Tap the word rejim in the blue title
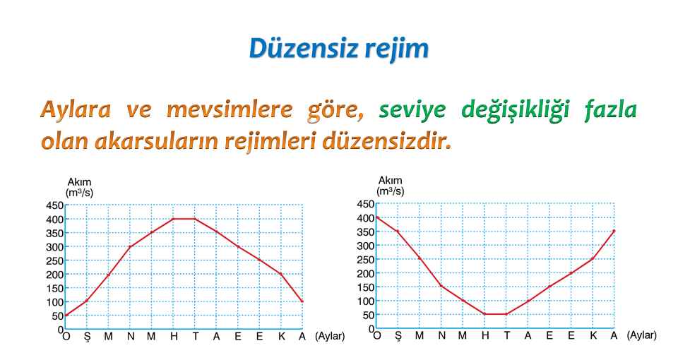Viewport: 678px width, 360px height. pyautogui.click(x=397, y=49)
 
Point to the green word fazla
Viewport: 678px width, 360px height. pyautogui.click(x=610, y=109)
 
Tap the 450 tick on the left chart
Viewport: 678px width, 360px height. pyautogui.click(x=54, y=205)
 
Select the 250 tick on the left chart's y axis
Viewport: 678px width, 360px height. pyautogui.click(x=54, y=260)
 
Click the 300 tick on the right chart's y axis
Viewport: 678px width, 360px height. pyautogui.click(x=365, y=246)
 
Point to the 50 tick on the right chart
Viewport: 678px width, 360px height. pyautogui.click(x=369, y=315)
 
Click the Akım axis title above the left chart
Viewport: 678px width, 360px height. pyautogui.click(x=79, y=182)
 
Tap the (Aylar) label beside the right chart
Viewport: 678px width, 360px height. pyautogui.click(x=642, y=335)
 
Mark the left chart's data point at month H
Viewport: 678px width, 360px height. pyautogui.click(x=173, y=219)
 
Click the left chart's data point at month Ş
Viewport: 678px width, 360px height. pyautogui.click(x=86, y=301)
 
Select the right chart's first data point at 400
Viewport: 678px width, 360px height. pyautogui.click(x=376, y=217)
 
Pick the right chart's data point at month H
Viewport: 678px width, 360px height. pyautogui.click(x=484, y=314)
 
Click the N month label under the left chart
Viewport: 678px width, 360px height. pyautogui.click(x=130, y=336)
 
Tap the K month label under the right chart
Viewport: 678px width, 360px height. pyautogui.click(x=593, y=335)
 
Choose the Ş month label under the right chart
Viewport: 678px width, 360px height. pyautogui.click(x=398, y=336)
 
